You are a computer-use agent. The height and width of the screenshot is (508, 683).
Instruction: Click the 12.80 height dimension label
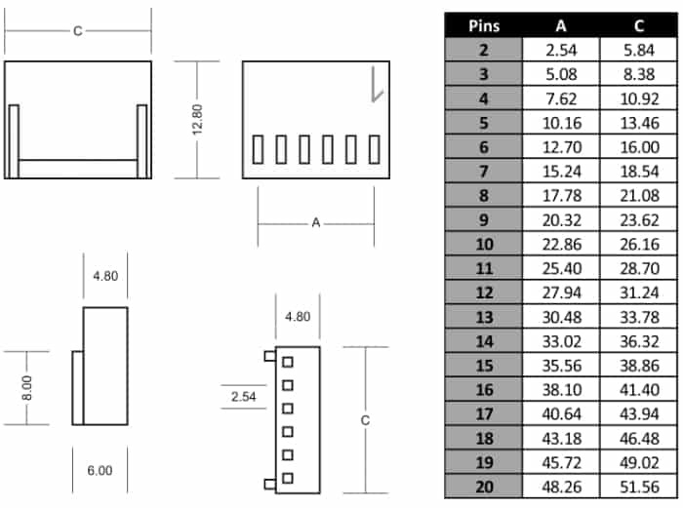(197, 120)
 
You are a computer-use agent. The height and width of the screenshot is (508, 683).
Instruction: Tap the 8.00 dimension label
(26, 388)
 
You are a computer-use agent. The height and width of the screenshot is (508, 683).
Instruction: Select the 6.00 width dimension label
(100, 471)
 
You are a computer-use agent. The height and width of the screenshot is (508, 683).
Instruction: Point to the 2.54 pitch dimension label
(244, 397)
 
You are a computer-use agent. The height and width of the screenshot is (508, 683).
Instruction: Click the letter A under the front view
(316, 223)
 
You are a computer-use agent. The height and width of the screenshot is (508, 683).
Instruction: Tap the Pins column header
(484, 26)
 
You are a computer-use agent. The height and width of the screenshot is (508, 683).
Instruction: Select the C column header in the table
(639, 26)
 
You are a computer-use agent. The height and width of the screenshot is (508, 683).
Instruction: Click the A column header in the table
(561, 26)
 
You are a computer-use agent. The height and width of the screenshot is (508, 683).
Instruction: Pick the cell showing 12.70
(562, 147)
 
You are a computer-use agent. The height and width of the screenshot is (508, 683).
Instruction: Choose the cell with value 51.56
(639, 487)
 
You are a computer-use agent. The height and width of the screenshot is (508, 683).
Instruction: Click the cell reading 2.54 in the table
(561, 50)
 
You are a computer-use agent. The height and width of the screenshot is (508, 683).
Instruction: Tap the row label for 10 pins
(484, 244)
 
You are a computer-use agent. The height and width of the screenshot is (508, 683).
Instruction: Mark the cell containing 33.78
(639, 317)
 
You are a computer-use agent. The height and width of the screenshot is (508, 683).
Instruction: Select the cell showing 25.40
(562, 268)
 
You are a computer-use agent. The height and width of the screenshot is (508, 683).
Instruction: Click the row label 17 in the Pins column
(484, 414)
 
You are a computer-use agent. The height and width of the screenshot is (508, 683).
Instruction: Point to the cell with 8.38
(639, 74)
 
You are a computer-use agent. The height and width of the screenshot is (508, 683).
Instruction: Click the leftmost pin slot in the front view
(258, 149)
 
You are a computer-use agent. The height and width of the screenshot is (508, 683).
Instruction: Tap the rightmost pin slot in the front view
(374, 149)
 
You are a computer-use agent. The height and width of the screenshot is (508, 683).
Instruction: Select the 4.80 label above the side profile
(105, 276)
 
